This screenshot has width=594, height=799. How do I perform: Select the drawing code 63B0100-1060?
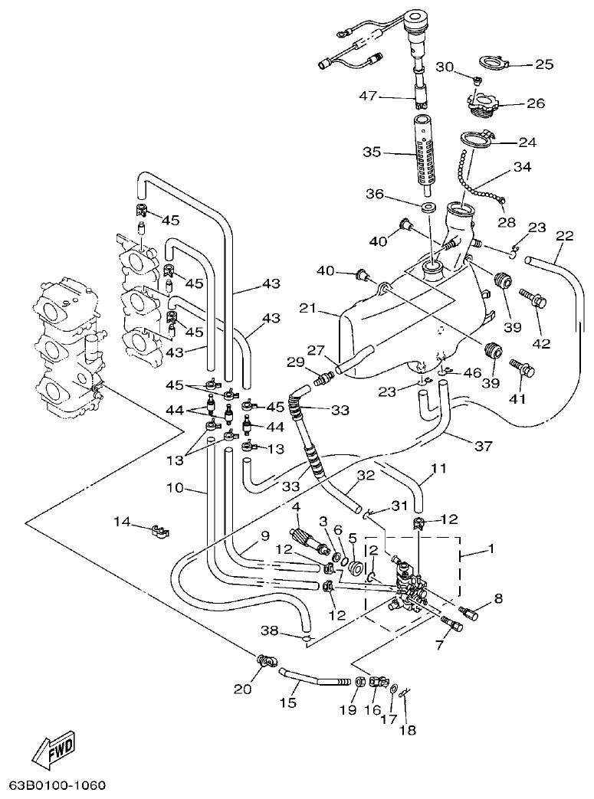point(57,786)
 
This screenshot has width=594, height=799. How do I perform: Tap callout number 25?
point(543,64)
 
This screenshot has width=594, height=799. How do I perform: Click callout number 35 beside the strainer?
point(372,152)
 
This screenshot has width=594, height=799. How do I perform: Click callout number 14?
point(122,523)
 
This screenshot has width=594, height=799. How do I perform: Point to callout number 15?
point(287,702)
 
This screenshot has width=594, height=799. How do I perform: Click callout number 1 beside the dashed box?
point(491,548)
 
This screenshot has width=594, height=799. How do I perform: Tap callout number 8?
point(498,598)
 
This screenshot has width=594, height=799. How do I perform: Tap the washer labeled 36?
point(428,209)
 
